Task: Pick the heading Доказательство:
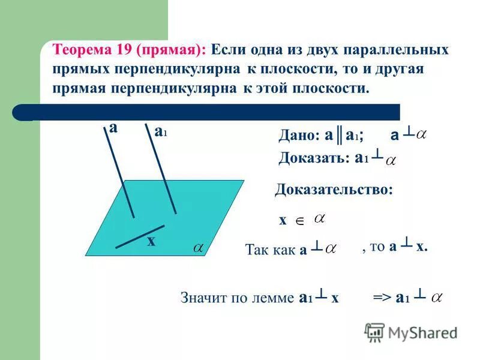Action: (334, 190)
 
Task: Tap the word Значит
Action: (203, 298)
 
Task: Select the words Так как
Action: (270, 250)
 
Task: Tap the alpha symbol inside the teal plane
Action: (197, 247)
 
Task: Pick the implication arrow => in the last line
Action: (382, 298)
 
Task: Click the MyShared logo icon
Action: (374, 332)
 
